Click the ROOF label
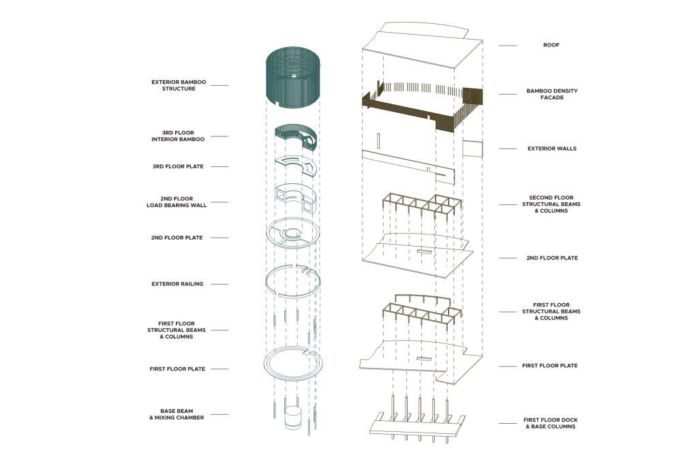[551, 45]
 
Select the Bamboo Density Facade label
[545, 94]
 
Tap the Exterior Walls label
[551, 149]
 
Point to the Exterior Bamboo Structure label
[173, 85]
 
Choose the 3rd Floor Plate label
[177, 166]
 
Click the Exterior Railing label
[177, 284]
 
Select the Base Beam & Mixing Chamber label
[177, 414]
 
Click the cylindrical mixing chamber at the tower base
[293, 418]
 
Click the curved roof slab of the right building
[416, 48]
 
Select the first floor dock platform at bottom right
[416, 426]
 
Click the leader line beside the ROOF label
[508, 45]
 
